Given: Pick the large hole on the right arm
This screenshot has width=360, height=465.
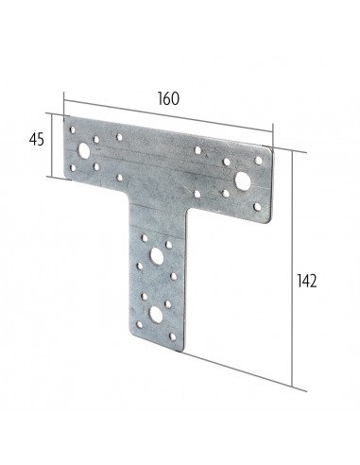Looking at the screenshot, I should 243,179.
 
